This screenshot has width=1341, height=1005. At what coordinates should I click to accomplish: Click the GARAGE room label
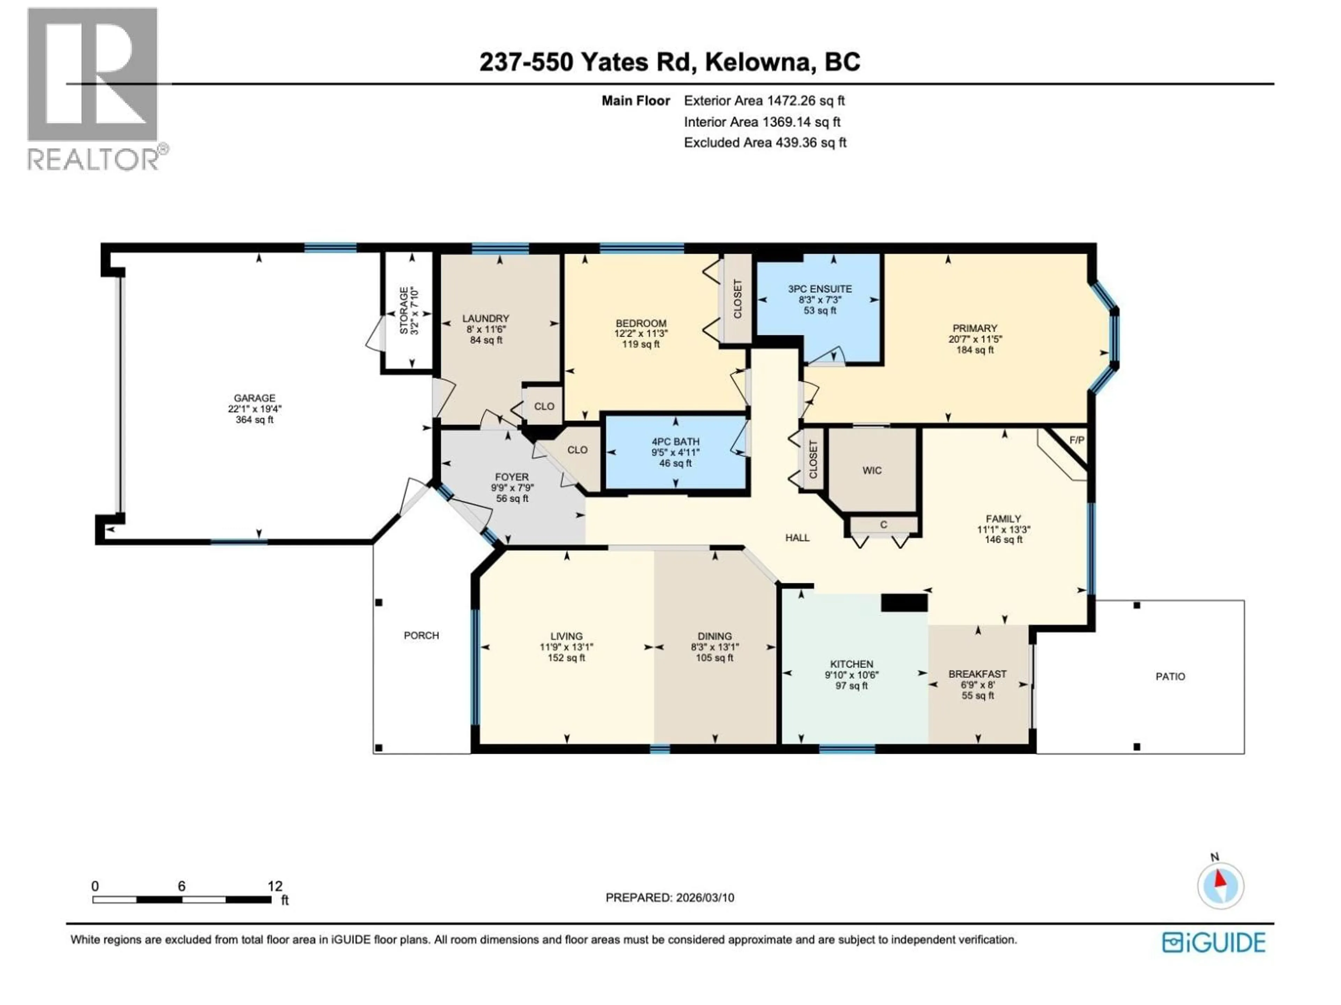(x=255, y=398)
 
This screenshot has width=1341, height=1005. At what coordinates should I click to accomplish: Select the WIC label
(x=872, y=471)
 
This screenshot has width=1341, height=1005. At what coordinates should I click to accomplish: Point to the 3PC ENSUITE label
(x=820, y=289)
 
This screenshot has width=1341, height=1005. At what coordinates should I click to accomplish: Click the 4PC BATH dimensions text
(x=675, y=453)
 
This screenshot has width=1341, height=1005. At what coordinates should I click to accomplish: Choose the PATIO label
(x=1170, y=677)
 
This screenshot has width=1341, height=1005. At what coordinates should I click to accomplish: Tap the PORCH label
(x=422, y=635)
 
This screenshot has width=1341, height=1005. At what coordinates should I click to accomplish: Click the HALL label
(x=797, y=538)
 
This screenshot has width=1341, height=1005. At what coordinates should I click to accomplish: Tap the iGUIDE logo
(x=1214, y=943)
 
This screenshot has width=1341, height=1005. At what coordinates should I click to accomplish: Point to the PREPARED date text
(x=669, y=898)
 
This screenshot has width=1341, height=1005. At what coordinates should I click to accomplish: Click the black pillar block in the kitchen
(x=904, y=603)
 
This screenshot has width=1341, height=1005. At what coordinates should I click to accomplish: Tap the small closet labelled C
(x=883, y=524)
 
